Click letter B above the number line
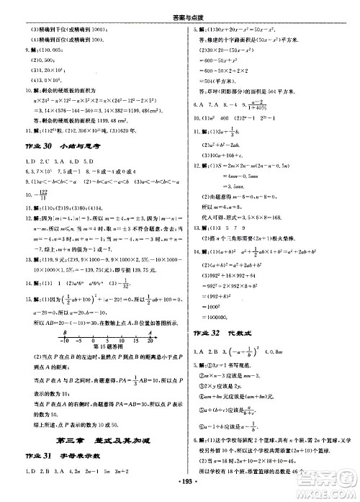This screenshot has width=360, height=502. (x=65, y=333)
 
